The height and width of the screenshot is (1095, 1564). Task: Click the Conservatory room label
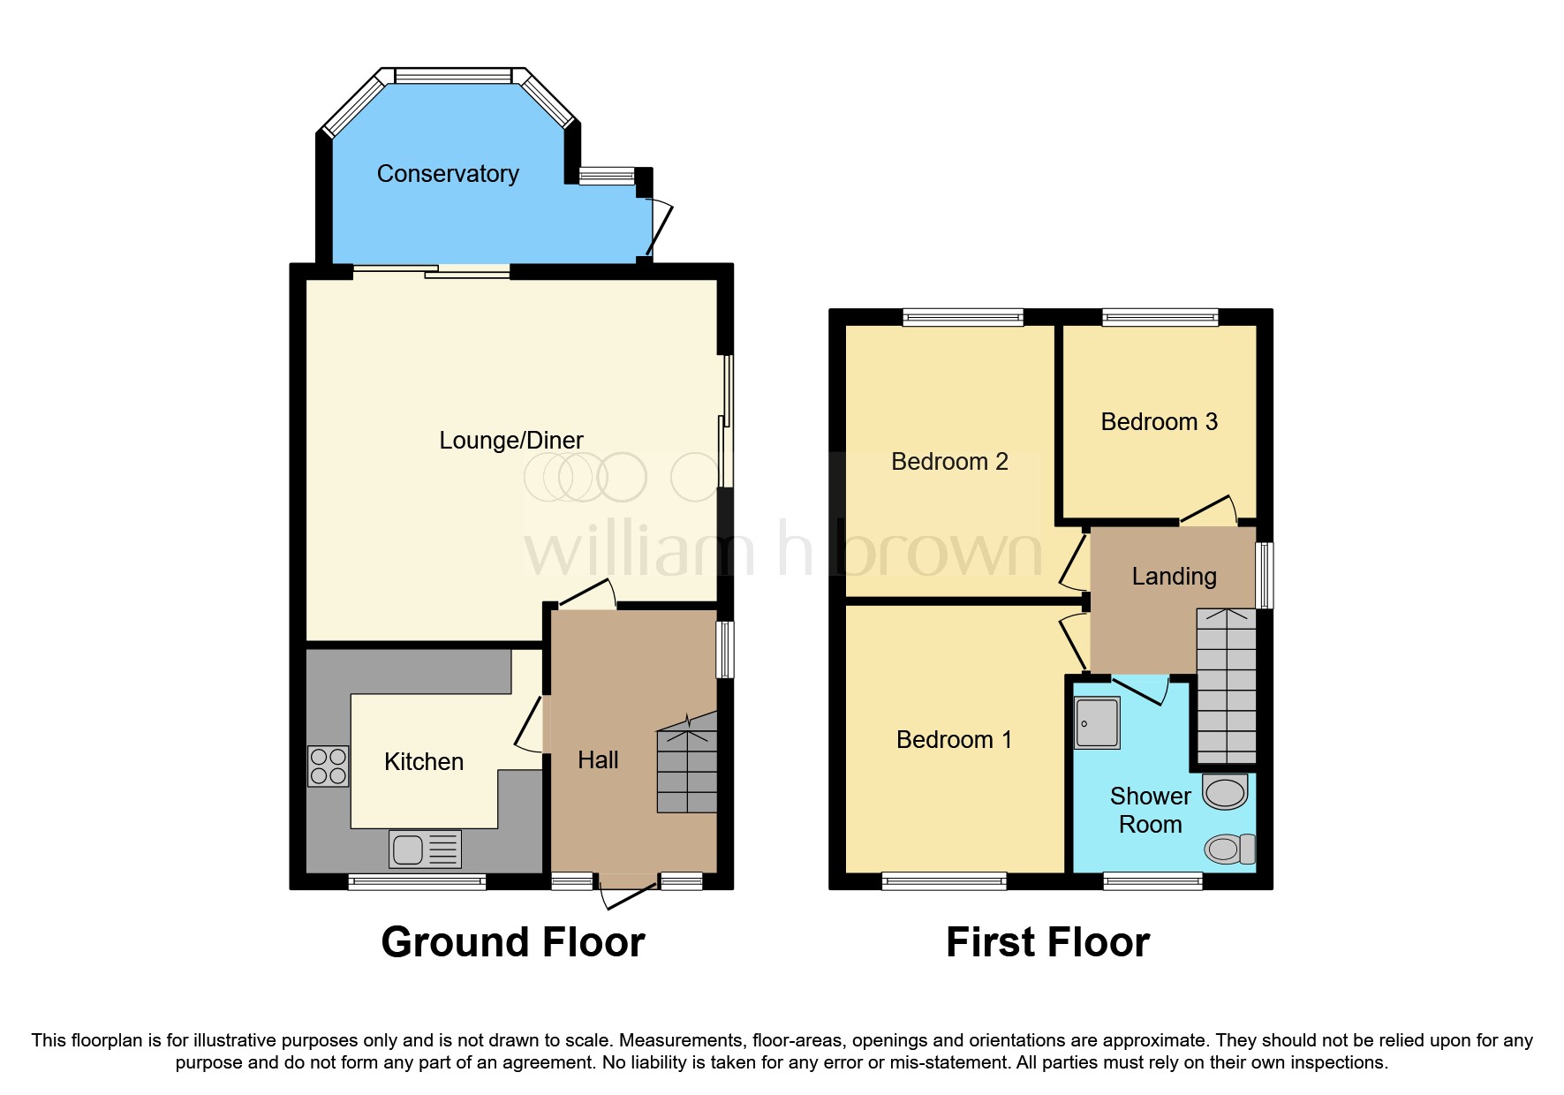pyautogui.click(x=448, y=174)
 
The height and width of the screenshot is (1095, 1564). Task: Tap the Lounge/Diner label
pyautogui.click(x=511, y=441)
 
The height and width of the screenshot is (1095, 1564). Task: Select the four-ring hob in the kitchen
pyautogui.click(x=328, y=766)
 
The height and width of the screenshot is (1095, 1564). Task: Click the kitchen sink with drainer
pyautogui.click(x=425, y=850)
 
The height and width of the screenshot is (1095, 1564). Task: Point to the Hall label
pyautogui.click(x=598, y=760)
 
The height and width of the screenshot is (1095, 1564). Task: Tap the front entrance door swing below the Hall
pyautogui.click(x=628, y=893)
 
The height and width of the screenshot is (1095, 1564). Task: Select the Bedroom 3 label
pyautogui.click(x=1159, y=422)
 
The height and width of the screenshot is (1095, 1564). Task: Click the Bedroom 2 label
pyautogui.click(x=949, y=462)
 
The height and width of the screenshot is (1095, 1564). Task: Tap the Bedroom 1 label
pyautogui.click(x=954, y=740)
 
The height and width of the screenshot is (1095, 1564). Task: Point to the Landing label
pyautogui.click(x=1174, y=577)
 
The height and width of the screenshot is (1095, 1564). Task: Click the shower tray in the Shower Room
pyautogui.click(x=1097, y=722)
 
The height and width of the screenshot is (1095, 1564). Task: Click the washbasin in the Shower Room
pyautogui.click(x=1226, y=792)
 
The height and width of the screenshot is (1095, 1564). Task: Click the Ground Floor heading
pyautogui.click(x=513, y=942)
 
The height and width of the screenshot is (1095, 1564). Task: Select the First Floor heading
pyautogui.click(x=1047, y=942)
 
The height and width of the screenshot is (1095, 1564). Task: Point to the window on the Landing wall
pyautogui.click(x=1265, y=576)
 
